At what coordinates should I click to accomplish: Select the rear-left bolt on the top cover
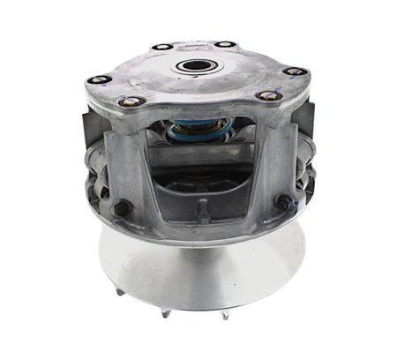click(161, 47)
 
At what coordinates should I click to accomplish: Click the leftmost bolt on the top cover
click(99, 79)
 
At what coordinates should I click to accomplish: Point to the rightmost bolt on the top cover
click(295, 71)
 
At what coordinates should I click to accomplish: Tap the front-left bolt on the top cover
click(132, 101)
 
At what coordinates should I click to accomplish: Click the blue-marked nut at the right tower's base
click(285, 202)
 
